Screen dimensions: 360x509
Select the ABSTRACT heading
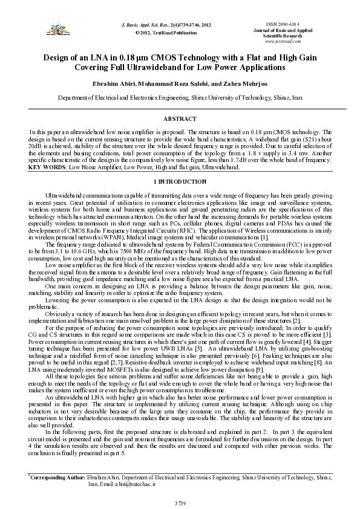point(180,120)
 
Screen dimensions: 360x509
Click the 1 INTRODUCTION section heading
point(180,181)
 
